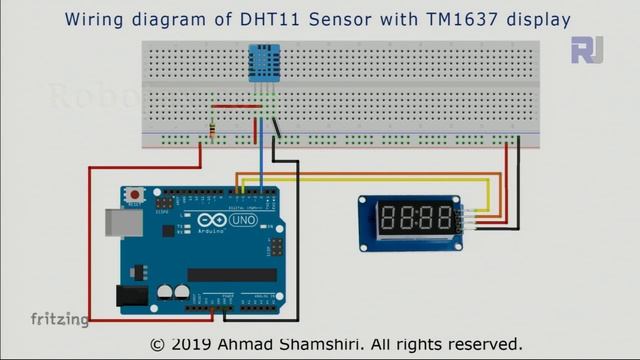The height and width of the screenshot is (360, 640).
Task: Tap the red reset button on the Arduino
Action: point(134,193)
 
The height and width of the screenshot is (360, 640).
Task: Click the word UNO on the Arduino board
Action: point(244,218)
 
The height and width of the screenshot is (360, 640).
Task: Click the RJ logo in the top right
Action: point(587,49)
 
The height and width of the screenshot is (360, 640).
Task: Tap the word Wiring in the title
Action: point(94,18)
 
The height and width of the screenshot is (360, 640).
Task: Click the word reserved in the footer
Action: point(479,343)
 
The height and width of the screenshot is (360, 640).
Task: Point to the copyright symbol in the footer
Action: point(157,344)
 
